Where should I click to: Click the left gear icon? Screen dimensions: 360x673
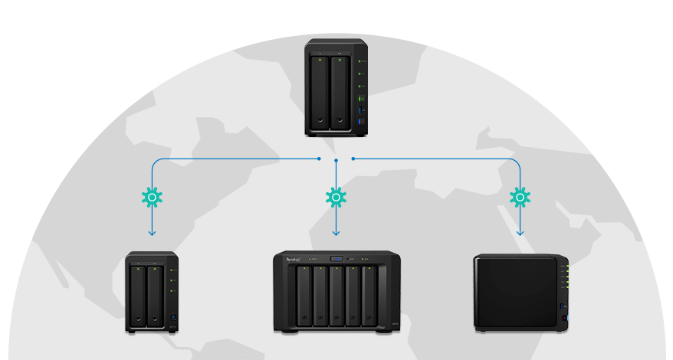[152, 198]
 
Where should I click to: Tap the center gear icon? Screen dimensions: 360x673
[336, 198]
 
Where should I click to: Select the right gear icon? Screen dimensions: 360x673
[520, 198]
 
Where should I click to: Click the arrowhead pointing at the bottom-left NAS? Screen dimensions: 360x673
[152, 232]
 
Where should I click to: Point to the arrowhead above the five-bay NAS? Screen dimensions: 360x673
[336, 232]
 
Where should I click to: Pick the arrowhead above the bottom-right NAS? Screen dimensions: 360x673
[520, 232]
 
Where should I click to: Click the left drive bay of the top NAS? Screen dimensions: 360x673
[320, 92]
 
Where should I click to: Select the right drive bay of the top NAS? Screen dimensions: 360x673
[340, 92]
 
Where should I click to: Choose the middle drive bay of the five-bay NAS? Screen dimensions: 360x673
[337, 296]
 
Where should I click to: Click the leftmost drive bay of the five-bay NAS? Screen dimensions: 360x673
[304, 296]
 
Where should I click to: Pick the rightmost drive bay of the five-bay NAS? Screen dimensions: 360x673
[370, 296]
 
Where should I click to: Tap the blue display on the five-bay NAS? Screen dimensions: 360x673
[336, 259]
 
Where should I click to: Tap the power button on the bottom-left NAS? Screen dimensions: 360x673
[173, 318]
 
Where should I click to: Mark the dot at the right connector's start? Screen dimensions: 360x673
[353, 159]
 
